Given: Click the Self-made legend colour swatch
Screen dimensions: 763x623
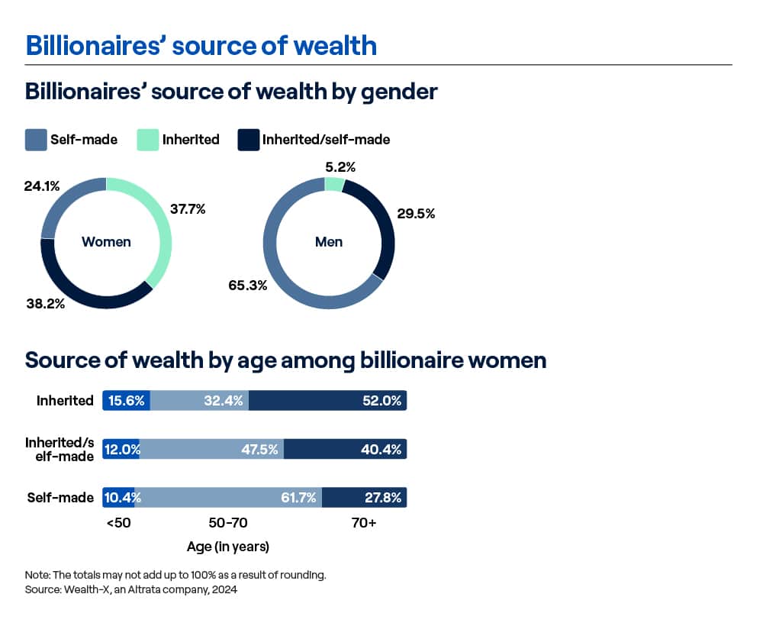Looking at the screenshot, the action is (x=36, y=140).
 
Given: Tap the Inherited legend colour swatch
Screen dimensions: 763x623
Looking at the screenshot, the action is (x=148, y=140).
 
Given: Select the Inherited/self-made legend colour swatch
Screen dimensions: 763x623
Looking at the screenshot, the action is (x=248, y=140).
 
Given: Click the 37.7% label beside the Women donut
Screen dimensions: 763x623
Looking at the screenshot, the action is (x=188, y=209).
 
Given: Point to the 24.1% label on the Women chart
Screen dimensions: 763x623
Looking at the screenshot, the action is (x=42, y=186).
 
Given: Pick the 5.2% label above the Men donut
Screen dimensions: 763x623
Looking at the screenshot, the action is (x=340, y=167).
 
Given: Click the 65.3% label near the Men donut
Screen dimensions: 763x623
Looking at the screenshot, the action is (x=248, y=286).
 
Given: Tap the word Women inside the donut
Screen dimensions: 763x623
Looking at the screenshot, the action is (x=106, y=241).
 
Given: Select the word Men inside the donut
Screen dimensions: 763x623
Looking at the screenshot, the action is (x=329, y=241).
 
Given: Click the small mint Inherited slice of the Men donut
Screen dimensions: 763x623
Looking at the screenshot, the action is (x=334, y=185).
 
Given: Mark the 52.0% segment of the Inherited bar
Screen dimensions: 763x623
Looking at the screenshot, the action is (x=327, y=400).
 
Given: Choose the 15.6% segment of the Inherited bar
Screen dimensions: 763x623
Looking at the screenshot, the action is (x=127, y=400).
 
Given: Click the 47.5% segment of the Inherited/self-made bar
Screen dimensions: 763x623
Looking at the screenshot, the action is (x=211, y=449).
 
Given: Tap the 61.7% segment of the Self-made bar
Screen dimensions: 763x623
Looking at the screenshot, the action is (x=228, y=497).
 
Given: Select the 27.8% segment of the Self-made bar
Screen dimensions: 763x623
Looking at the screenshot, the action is (x=365, y=497).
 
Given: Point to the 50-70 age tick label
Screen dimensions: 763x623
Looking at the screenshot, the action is (x=227, y=523).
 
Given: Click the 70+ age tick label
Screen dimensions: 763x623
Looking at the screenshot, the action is (x=364, y=523).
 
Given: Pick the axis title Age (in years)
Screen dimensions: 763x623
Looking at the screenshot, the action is (x=227, y=547).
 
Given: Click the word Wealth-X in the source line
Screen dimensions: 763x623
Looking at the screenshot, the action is (x=85, y=589).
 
